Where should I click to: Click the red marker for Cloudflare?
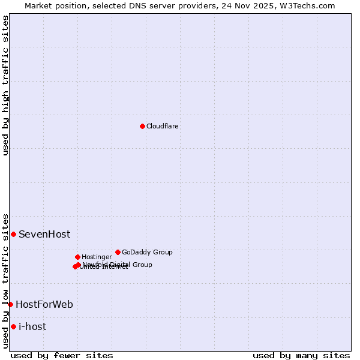(x=142, y=126)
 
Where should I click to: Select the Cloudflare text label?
(x=162, y=126)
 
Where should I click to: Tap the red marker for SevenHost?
(x=13, y=234)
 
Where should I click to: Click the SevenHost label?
(x=44, y=234)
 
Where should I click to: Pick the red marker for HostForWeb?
(x=10, y=304)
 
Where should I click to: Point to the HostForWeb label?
(x=44, y=304)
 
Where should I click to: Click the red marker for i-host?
(x=13, y=326)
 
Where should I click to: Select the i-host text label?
(x=32, y=326)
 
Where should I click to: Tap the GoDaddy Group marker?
(x=118, y=252)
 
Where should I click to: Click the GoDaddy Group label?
(x=147, y=252)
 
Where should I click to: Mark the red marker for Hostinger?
(x=77, y=257)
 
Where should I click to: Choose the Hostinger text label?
(x=97, y=257)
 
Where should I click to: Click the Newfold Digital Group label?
(x=118, y=264)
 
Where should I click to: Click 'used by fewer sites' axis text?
(x=62, y=355)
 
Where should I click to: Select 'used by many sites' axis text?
(x=301, y=355)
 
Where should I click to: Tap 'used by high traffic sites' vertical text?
(x=5, y=85)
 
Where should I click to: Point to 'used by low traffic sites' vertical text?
(x=5, y=280)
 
